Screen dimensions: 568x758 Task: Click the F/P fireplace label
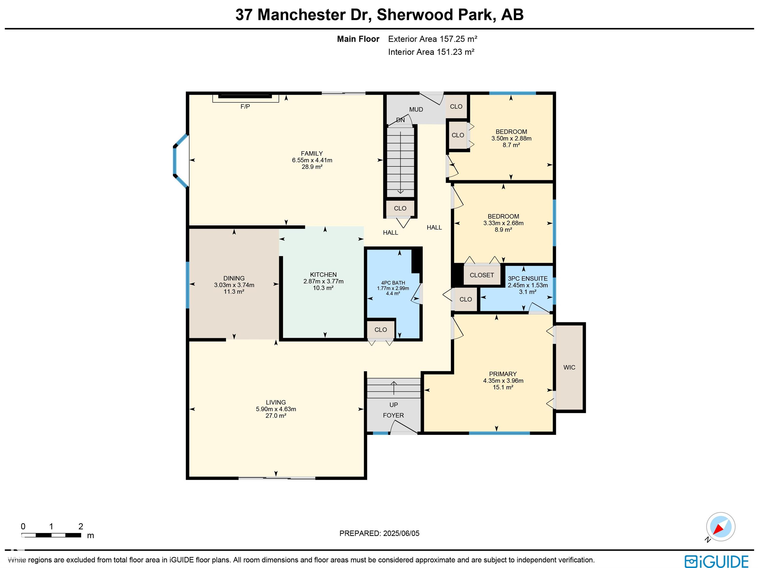[x=245, y=107]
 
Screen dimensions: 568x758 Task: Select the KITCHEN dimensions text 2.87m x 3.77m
[x=323, y=281]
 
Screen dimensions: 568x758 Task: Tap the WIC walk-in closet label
[x=569, y=367]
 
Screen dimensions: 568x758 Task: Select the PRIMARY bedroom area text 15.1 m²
[x=503, y=387]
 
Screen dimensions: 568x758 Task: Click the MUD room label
[x=416, y=109]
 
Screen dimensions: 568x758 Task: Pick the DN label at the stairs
[x=400, y=120]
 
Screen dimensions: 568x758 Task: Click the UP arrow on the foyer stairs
[x=394, y=388]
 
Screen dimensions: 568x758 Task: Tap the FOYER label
[x=393, y=415]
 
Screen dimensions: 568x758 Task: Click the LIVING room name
[x=276, y=402]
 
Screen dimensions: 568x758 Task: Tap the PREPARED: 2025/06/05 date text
[x=379, y=533]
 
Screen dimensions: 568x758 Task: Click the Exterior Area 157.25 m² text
[x=433, y=39]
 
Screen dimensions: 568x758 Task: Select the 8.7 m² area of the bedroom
[x=511, y=145]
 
